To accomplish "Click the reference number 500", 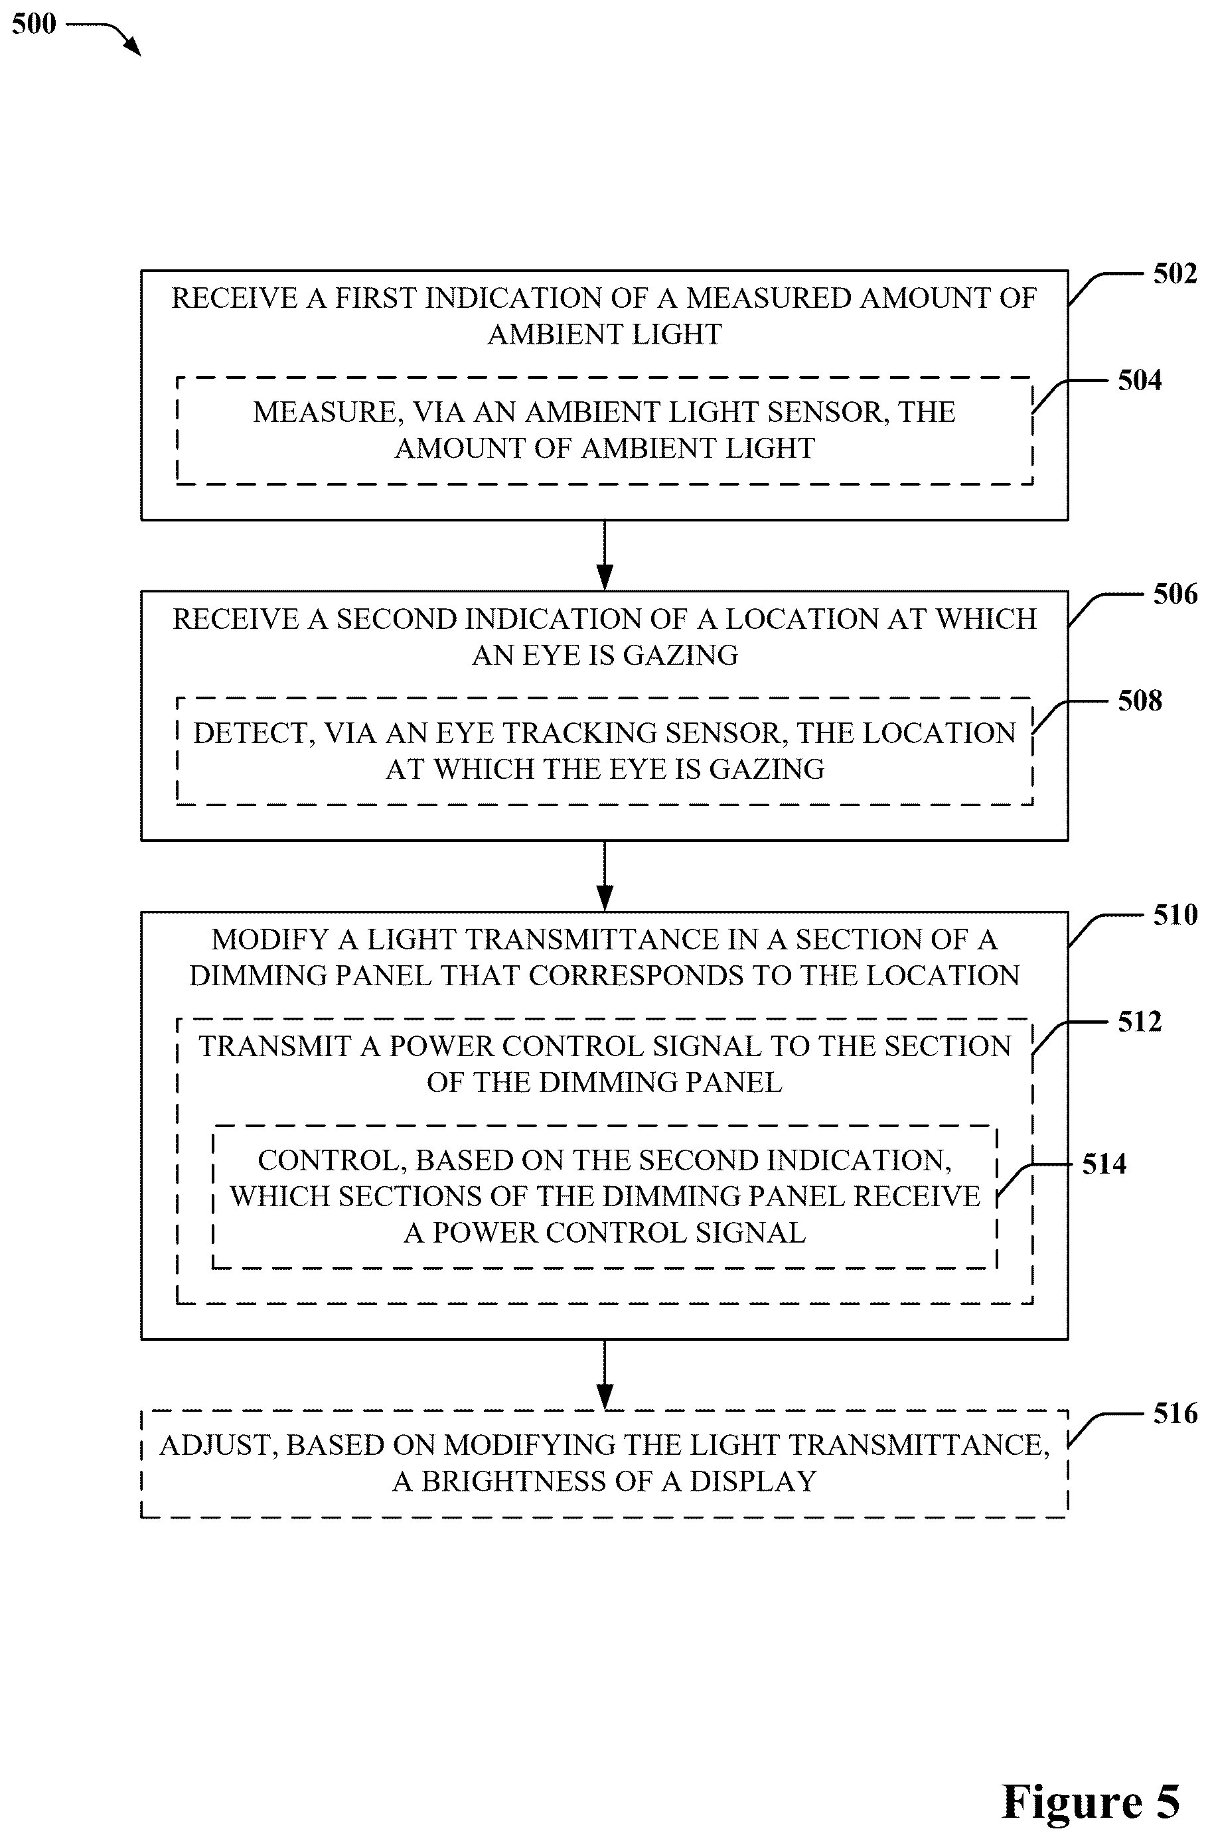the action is (34, 24).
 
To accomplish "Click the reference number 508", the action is (1140, 701).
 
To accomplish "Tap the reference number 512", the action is (1140, 1022).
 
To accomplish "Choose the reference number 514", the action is (1104, 1164).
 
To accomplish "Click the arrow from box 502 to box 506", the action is (605, 555).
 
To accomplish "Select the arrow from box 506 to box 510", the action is (605, 876).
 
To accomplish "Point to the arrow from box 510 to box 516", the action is (605, 1375).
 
